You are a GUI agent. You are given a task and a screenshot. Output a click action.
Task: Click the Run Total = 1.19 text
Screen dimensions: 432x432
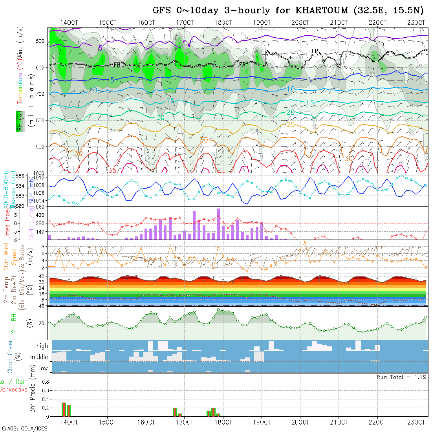point(402,377)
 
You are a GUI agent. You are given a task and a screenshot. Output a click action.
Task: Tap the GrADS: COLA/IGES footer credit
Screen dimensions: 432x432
point(24,428)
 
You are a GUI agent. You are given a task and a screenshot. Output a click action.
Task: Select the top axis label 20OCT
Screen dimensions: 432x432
point(300,22)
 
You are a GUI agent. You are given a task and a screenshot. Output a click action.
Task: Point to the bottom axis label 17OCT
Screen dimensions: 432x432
point(184,422)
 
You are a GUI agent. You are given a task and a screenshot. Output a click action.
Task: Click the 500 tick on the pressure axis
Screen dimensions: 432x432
point(41,41)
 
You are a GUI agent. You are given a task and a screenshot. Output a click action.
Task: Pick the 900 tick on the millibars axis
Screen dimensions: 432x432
point(41,146)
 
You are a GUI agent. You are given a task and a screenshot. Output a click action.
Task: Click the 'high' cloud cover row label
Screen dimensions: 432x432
point(42,346)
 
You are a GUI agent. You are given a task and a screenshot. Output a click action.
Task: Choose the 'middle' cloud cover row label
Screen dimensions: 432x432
point(39,357)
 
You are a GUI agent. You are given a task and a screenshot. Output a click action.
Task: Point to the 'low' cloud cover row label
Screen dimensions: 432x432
point(43,368)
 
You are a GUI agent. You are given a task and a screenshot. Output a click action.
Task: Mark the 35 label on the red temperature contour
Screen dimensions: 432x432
point(112,170)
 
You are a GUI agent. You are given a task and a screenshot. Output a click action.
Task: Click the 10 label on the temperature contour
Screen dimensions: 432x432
point(290,89)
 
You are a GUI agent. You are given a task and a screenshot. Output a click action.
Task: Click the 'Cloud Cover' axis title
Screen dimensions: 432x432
point(10,357)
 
